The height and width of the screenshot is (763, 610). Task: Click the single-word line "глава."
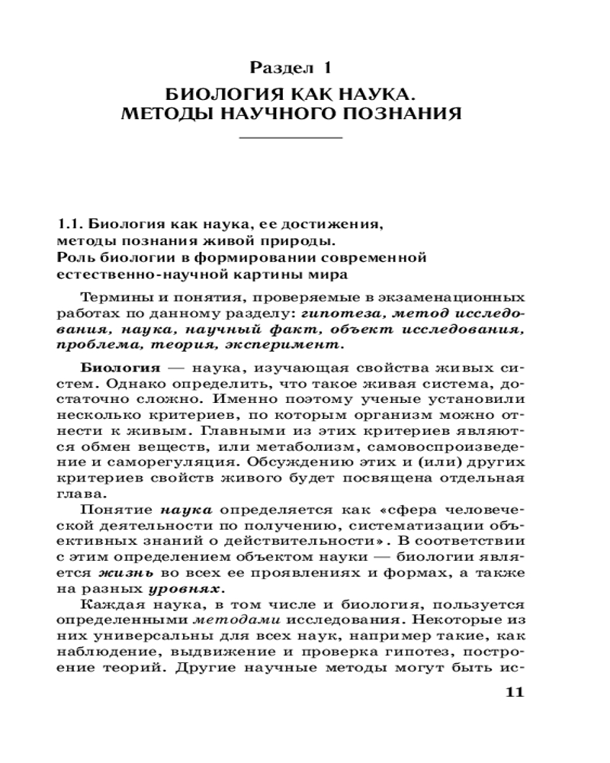tap(77, 494)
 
